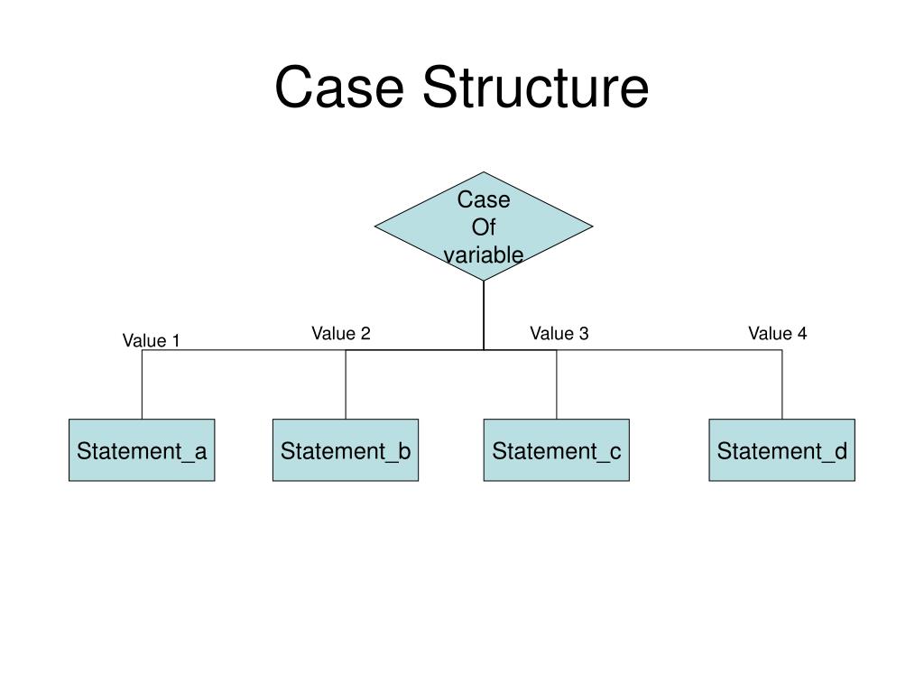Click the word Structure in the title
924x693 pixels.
tap(535, 88)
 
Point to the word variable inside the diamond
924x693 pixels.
tap(484, 255)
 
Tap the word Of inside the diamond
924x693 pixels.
tap(484, 227)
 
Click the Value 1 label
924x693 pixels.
tap(152, 340)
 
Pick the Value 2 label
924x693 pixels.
tap(341, 334)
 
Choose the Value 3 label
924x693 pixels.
tap(559, 334)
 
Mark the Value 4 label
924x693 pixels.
tap(777, 334)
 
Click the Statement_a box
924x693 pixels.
tap(142, 450)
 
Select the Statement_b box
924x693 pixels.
tap(346, 450)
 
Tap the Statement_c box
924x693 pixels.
tap(557, 450)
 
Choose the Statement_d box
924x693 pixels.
tap(781, 450)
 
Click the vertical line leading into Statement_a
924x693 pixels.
tap(142, 384)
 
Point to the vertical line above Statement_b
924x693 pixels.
tap(346, 384)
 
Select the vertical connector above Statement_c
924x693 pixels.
tap(557, 384)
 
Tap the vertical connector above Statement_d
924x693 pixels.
tap(782, 384)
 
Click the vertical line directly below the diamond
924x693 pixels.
tap(484, 316)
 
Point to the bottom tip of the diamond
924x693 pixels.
tap(484, 280)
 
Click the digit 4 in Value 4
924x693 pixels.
tap(802, 334)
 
